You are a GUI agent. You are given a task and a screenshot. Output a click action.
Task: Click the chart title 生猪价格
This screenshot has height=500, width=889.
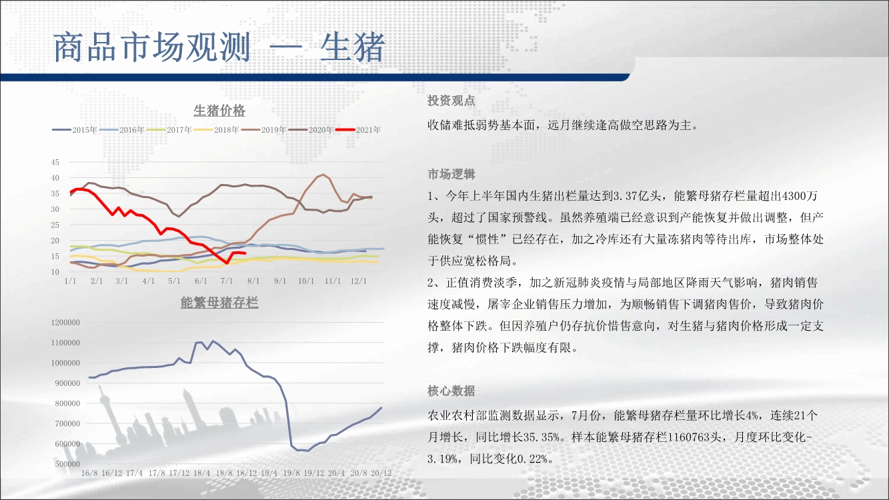pyautogui.click(x=219, y=111)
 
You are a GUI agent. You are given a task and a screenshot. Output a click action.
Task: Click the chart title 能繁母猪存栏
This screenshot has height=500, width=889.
pyautogui.click(x=219, y=303)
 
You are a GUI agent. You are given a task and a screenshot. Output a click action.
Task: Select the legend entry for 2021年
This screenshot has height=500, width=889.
pyautogui.click(x=358, y=130)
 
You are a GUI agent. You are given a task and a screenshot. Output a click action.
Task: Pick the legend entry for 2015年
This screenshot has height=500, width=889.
pyautogui.click(x=75, y=130)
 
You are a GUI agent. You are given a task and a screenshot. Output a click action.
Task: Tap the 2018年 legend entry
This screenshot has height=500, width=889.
pyautogui.click(x=217, y=130)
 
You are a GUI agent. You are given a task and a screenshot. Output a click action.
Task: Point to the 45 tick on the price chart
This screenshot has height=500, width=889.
pyautogui.click(x=55, y=162)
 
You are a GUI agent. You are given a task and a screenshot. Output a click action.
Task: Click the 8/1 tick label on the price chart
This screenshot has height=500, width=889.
pyautogui.click(x=253, y=281)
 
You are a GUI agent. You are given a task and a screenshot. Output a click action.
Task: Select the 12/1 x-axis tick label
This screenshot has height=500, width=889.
pyautogui.click(x=358, y=281)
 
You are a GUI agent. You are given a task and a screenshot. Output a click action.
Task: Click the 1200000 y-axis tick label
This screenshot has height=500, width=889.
pyautogui.click(x=65, y=323)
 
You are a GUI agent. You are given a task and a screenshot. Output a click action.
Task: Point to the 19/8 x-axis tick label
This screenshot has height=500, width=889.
pyautogui.click(x=291, y=473)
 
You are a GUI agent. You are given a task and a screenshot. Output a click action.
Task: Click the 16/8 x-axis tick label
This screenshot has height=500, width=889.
pyautogui.click(x=89, y=473)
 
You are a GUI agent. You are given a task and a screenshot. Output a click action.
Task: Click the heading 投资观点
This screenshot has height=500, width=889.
pyautogui.click(x=452, y=101)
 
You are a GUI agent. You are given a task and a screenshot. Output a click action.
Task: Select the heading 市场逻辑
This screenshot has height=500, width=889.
pyautogui.click(x=452, y=174)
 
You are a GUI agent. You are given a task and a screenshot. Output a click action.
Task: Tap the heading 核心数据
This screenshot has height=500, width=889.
pyautogui.click(x=452, y=391)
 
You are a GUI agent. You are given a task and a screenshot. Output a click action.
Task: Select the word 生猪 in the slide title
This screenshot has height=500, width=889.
pyautogui.click(x=352, y=47)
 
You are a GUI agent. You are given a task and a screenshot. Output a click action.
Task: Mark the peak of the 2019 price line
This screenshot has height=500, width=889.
pyautogui.click(x=323, y=175)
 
